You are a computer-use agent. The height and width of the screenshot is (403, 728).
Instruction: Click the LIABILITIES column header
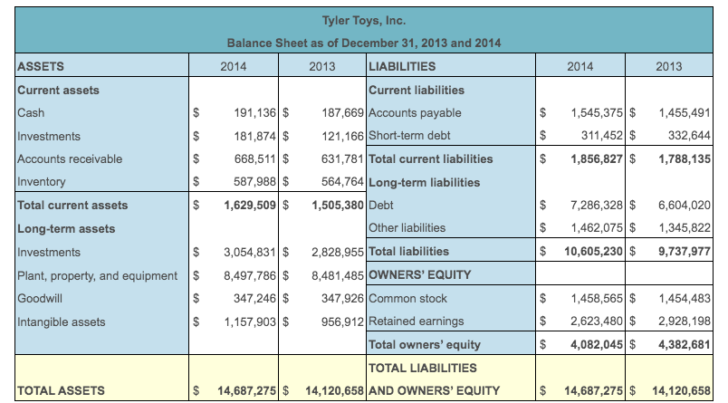[402, 66]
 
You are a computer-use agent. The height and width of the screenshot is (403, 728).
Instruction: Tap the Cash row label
[31, 112]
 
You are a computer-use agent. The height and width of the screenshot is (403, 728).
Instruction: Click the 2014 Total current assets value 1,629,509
[249, 205]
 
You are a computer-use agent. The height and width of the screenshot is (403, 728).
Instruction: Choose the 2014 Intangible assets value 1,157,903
[249, 321]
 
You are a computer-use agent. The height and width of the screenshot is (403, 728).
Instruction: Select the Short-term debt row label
[409, 136]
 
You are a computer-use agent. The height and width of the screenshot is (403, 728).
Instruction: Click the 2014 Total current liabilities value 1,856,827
[596, 158]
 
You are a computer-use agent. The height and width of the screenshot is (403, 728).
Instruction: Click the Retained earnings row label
[416, 321]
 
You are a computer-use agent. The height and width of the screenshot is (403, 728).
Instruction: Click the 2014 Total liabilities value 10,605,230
[592, 251]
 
